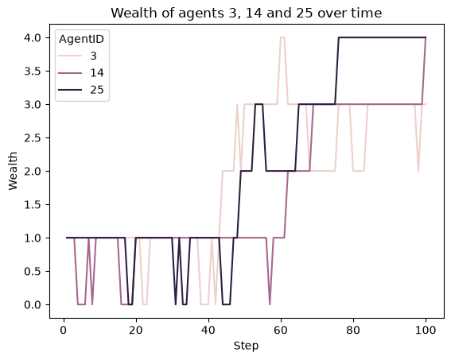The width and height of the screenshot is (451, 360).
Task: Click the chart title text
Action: (247, 13)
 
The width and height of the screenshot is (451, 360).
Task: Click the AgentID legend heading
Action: (81, 39)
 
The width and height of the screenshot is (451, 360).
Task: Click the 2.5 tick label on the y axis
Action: (33, 138)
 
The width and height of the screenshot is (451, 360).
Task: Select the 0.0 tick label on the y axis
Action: (33, 304)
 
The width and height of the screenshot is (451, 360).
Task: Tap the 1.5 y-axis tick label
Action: (33, 204)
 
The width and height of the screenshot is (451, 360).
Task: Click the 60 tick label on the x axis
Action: (280, 330)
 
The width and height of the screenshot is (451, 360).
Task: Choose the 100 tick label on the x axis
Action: (426, 330)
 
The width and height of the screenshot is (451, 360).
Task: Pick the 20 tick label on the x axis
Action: (135, 330)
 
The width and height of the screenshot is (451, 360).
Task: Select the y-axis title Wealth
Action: (13, 171)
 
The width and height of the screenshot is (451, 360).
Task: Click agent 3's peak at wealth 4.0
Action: (282, 37)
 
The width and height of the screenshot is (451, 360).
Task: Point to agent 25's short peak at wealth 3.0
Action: (259, 104)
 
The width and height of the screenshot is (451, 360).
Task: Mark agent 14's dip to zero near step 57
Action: (270, 304)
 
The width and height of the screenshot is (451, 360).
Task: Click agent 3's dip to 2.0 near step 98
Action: (418, 171)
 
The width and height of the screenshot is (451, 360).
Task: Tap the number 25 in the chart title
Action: (305, 13)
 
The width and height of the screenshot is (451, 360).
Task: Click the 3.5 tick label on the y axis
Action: (33, 71)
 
